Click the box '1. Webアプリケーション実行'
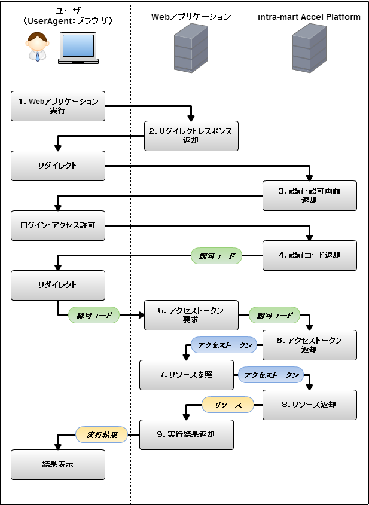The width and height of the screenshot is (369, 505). [x=58, y=106]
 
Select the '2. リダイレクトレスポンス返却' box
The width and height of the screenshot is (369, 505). [x=191, y=136]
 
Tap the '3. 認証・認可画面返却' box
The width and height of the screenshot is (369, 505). [x=309, y=195]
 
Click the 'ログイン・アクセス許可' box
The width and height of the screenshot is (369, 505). [x=58, y=225]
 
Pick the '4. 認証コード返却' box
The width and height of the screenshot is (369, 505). [x=309, y=255]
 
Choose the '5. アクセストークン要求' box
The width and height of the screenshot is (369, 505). [x=191, y=315]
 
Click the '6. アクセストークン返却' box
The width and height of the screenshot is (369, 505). [x=309, y=345]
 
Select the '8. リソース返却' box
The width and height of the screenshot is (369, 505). [x=309, y=405]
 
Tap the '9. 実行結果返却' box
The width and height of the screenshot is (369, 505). [x=186, y=434]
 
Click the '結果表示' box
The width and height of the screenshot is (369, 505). [x=58, y=464]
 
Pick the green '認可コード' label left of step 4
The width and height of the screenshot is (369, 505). [x=216, y=256]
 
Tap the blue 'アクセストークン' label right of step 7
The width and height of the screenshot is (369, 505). [x=271, y=375]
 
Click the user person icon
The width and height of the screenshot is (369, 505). [x=38, y=47]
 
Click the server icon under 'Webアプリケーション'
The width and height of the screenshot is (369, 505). [x=191, y=48]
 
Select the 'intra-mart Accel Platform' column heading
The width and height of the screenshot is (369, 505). [x=309, y=17]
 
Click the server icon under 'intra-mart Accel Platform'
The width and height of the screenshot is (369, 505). [x=309, y=48]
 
